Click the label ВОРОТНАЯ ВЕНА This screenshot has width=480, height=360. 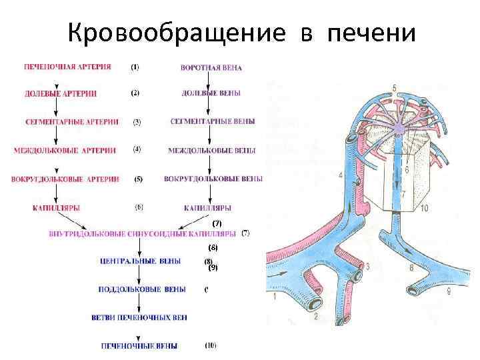pyautogui.click(x=211, y=68)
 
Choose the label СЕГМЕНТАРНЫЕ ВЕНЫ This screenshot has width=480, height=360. pyautogui.click(x=212, y=122)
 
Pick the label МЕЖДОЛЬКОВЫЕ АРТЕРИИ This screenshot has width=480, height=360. pyautogui.click(x=64, y=151)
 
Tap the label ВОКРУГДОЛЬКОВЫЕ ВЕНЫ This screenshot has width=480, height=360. pyautogui.click(x=213, y=179)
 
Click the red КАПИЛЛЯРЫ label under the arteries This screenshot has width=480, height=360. pyautogui.click(x=56, y=208)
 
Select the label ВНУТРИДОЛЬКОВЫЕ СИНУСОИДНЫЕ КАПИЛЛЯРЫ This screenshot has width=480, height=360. pyautogui.click(x=143, y=234)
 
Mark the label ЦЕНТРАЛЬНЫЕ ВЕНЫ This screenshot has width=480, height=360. pyautogui.click(x=139, y=261)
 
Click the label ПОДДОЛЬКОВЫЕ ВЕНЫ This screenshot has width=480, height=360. pyautogui.click(x=141, y=289)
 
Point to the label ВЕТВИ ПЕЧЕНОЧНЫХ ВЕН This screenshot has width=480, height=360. pyautogui.click(x=139, y=317)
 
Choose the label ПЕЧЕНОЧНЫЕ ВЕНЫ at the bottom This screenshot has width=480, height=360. pyautogui.click(x=139, y=346)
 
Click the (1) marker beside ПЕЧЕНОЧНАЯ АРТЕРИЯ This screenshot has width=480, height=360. pyautogui.click(x=135, y=67)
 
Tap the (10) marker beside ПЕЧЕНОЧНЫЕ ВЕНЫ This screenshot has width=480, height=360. pyautogui.click(x=211, y=345)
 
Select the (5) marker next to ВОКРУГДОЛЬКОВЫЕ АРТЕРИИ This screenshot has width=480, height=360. pyautogui.click(x=138, y=179)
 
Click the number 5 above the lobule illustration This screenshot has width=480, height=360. pyautogui.click(x=394, y=89)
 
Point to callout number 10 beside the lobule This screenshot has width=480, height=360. pyautogui.click(x=424, y=209)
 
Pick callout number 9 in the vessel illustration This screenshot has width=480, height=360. pyautogui.click(x=449, y=292)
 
